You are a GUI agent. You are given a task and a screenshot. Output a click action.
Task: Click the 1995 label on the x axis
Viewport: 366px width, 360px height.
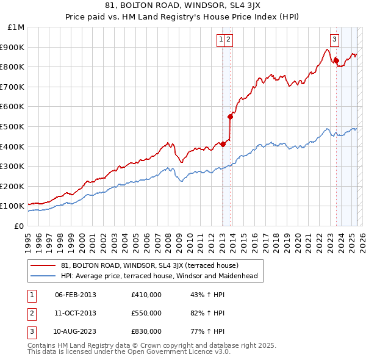[x=27, y=238]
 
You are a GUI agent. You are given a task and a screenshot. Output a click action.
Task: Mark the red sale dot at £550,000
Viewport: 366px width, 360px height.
[x=230, y=116]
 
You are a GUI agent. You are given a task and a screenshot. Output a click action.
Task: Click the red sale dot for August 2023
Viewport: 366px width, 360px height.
[x=336, y=60]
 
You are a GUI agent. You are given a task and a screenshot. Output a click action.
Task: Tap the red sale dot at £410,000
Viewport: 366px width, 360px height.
[x=223, y=144]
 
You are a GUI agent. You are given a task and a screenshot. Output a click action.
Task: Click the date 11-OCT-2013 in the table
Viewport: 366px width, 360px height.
[x=76, y=313]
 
